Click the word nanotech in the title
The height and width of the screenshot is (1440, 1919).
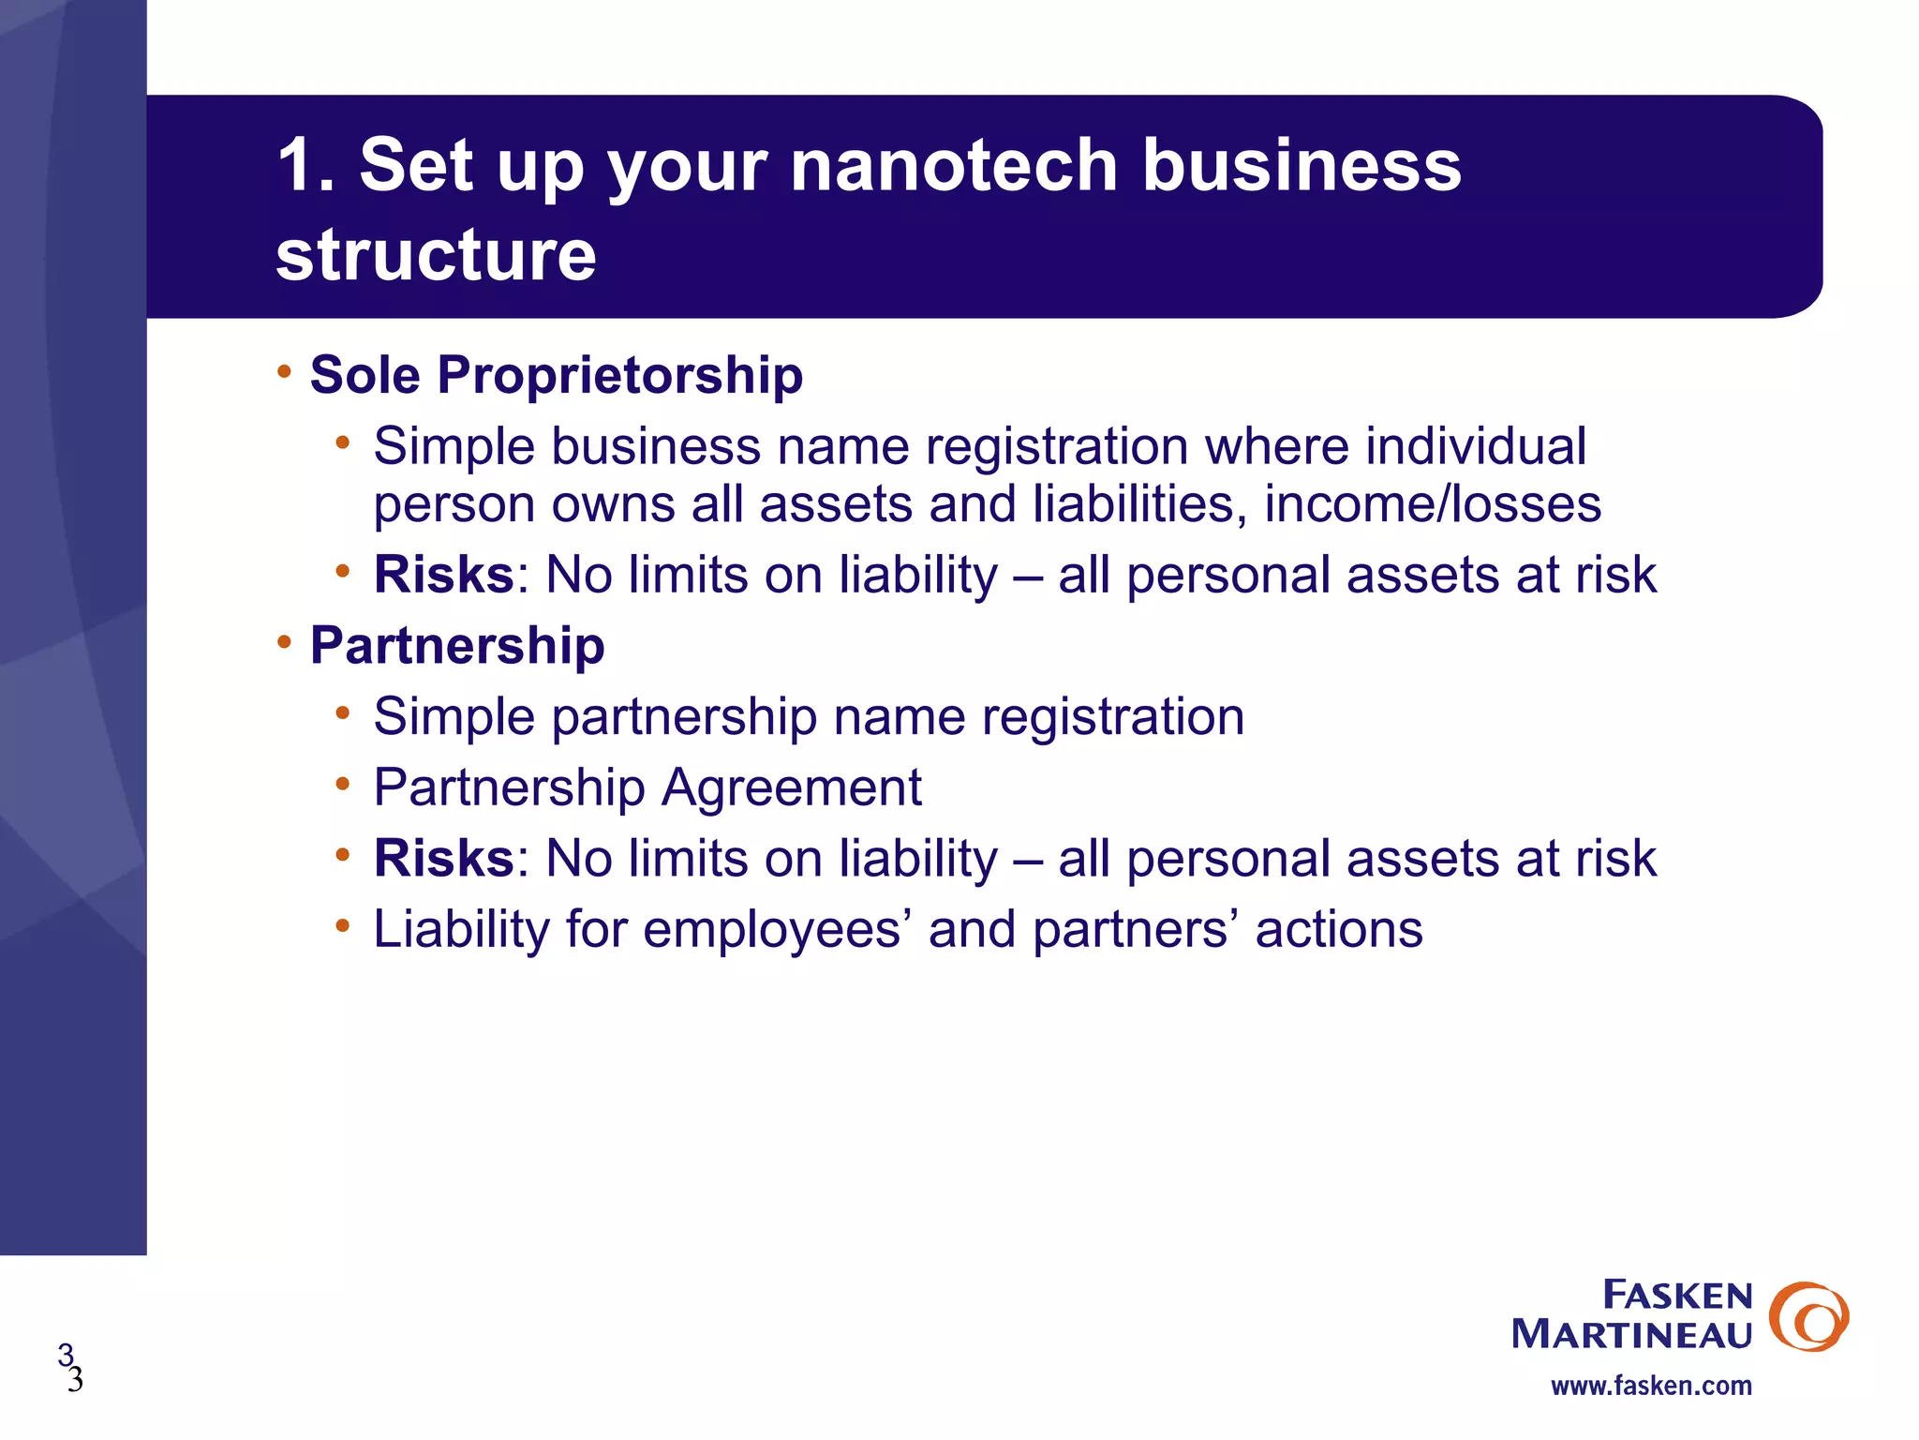point(953,165)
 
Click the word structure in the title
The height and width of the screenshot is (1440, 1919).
point(436,255)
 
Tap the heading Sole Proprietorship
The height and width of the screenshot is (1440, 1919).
point(556,375)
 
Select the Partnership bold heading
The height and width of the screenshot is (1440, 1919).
point(457,645)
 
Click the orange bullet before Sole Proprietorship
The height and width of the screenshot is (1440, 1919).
point(284,372)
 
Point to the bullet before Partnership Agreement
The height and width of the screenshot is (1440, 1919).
point(343,784)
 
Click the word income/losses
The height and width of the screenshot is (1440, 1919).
point(1433,504)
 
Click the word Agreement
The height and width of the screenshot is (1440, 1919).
point(792,787)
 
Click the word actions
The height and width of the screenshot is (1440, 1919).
point(1339,929)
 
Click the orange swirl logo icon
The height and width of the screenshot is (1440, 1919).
point(1808,1316)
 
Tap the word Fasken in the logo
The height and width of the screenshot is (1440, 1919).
point(1677,1295)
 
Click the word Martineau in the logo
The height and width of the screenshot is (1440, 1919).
point(1631,1334)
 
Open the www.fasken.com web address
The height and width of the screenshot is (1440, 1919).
point(1651,1386)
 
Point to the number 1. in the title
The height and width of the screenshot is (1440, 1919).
point(305,165)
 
